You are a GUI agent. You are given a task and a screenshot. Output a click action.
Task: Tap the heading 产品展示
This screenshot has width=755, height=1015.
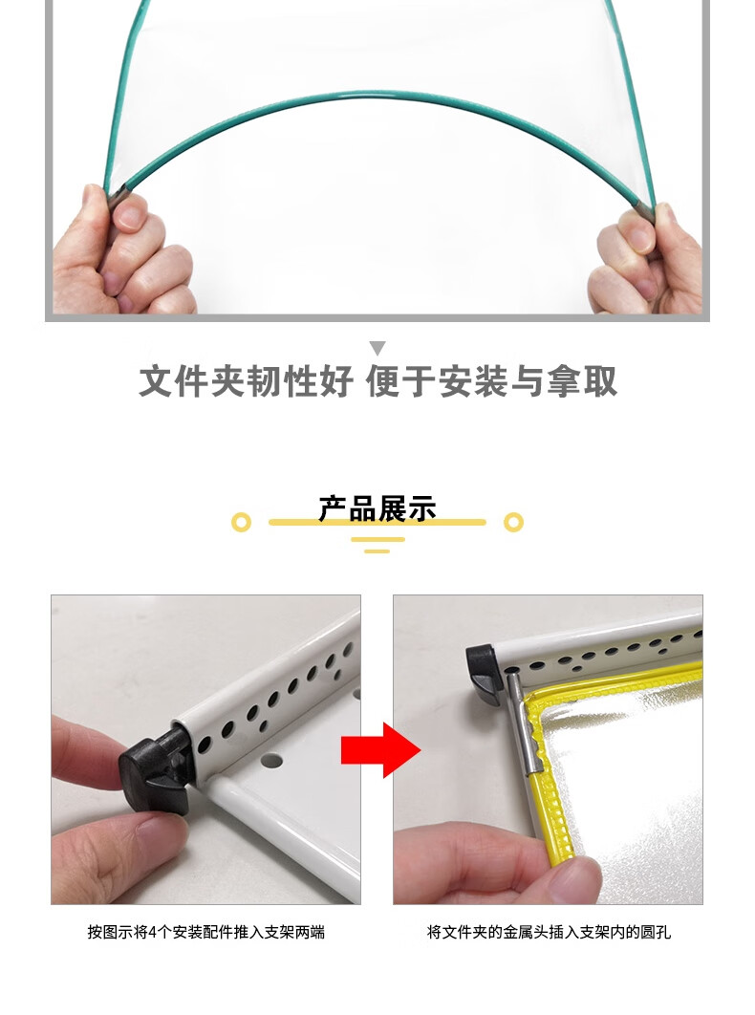pos(377,508)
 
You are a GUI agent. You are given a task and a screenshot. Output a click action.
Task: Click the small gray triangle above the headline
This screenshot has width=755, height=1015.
pos(377,348)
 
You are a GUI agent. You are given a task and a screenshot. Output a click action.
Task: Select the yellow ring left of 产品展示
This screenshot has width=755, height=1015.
pos(241,523)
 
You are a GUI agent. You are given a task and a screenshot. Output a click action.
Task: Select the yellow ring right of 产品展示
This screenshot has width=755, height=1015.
pos(513,523)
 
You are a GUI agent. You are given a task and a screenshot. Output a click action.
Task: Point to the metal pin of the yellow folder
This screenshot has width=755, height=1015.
pos(522,722)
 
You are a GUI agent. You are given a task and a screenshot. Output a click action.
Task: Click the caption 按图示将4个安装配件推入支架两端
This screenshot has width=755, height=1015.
pos(205,932)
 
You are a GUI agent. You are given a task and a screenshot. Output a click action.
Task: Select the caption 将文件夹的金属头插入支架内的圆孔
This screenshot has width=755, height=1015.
pos(549,932)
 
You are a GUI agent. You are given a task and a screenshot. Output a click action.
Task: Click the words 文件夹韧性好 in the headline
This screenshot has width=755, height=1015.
pos(246,381)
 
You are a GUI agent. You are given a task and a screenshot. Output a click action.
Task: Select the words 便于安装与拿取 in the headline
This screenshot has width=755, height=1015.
pos(492,381)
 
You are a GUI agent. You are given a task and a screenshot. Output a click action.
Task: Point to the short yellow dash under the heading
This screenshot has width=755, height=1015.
pos(377,551)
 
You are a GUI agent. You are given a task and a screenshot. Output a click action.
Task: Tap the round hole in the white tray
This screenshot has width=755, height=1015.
pos(272,760)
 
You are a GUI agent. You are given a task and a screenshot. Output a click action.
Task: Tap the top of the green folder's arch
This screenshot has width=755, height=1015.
pos(377,95)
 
